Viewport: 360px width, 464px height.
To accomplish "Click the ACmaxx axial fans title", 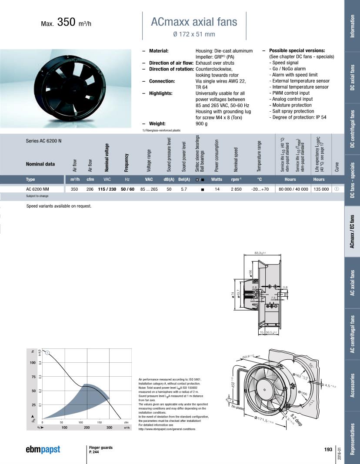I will pos(194,22).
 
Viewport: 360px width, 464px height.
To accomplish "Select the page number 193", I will pos(328,449).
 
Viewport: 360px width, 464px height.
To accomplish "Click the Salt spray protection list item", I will pos(292,111).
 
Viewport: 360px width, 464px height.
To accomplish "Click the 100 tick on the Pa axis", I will pos(33,362).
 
